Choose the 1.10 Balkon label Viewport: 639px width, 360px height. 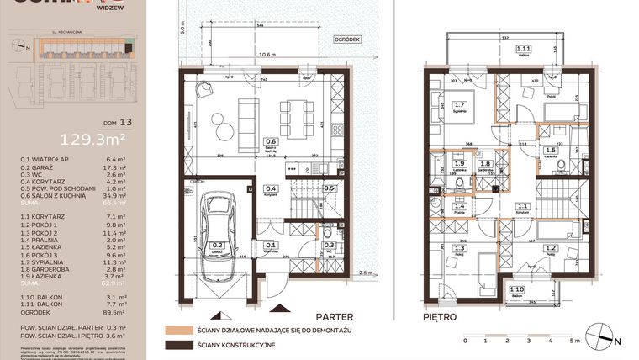(517, 292)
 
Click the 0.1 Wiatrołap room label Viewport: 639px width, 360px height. (271, 246)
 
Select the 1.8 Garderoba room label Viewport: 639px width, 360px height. (485, 166)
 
